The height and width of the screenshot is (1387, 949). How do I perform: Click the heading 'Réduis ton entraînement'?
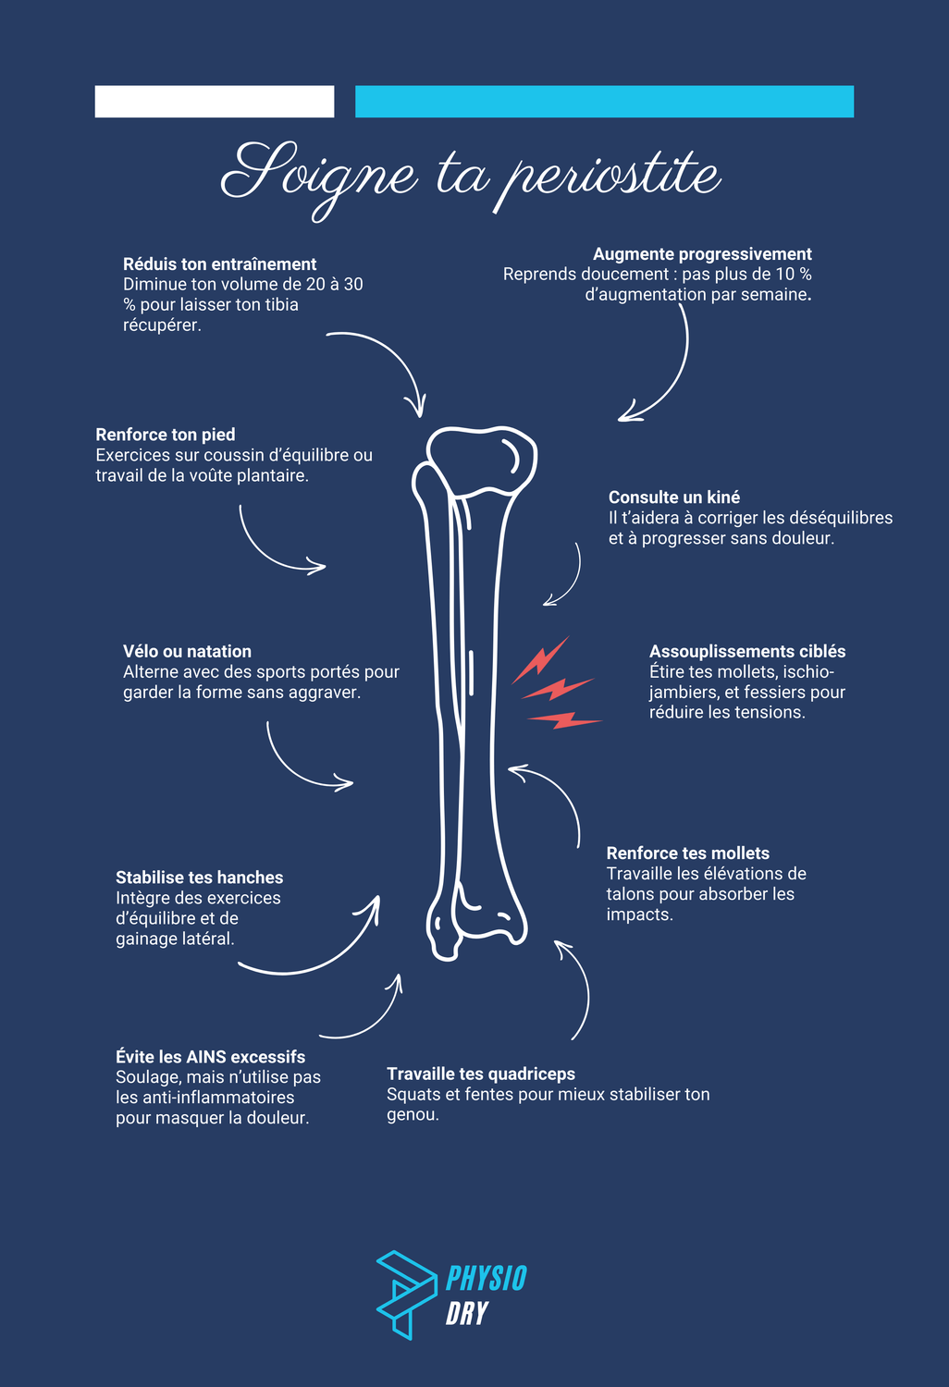pyautogui.click(x=219, y=264)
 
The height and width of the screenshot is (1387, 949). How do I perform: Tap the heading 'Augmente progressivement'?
pyautogui.click(x=702, y=254)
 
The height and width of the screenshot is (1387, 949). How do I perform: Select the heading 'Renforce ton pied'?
pyautogui.click(x=166, y=435)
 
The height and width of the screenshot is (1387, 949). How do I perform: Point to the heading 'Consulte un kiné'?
pyautogui.click(x=674, y=497)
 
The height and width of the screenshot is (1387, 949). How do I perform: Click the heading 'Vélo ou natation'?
pyautogui.click(x=187, y=652)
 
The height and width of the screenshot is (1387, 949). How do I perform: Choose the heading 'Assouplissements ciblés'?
pyautogui.click(x=747, y=652)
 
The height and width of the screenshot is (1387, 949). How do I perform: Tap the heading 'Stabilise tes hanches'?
pyautogui.click(x=199, y=878)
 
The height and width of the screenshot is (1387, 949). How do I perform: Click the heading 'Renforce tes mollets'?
pyautogui.click(x=688, y=853)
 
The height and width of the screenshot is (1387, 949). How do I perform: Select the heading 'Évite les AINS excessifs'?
pyautogui.click(x=210, y=1057)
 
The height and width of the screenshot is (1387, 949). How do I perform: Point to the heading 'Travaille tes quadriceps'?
pyautogui.click(x=481, y=1074)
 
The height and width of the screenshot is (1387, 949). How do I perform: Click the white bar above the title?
pyautogui.click(x=215, y=102)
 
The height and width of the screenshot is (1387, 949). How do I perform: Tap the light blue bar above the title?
pyautogui.click(x=604, y=102)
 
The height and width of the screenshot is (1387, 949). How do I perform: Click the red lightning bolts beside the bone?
pyautogui.click(x=555, y=684)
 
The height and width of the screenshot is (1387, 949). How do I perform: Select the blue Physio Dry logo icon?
pyautogui.click(x=403, y=1293)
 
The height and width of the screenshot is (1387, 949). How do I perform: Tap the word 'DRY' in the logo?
pyautogui.click(x=467, y=1313)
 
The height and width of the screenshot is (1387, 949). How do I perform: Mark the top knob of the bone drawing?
pyautogui.click(x=482, y=459)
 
